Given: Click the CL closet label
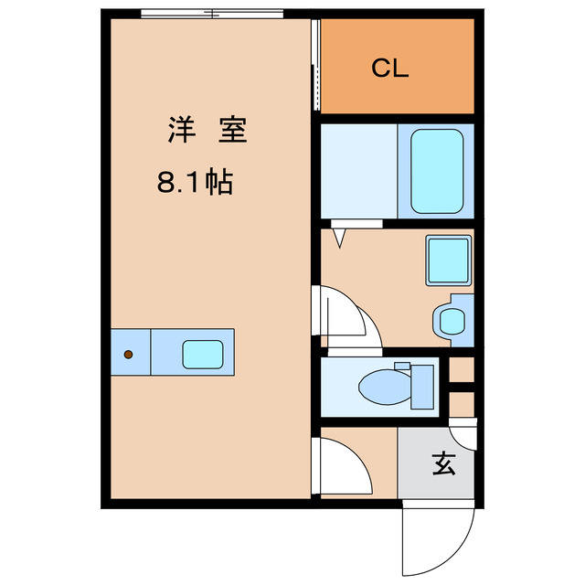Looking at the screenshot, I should click(x=390, y=69).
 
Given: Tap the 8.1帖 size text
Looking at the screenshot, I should click(x=194, y=183).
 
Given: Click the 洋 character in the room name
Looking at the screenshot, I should click(x=179, y=131).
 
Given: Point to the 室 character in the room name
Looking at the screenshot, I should click(x=230, y=131).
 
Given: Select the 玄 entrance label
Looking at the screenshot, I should click(x=443, y=464).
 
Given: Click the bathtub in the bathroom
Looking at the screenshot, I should click(x=435, y=171).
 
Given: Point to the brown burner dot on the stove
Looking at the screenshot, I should click(x=129, y=354).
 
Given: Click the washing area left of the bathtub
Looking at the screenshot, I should click(x=358, y=171).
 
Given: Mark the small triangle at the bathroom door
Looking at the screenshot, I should click(x=339, y=239).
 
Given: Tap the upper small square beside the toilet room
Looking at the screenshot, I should click(x=462, y=370).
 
